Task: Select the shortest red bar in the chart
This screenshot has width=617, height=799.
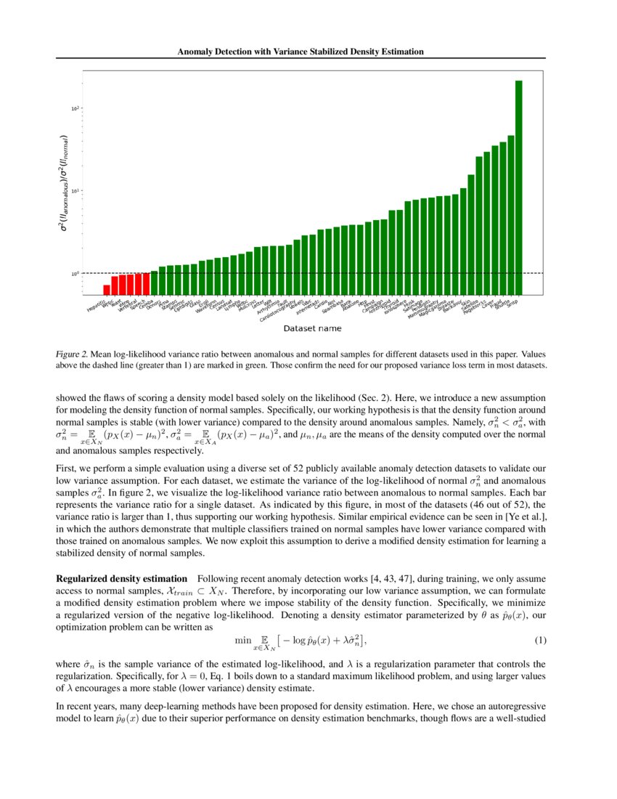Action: (x=107, y=289)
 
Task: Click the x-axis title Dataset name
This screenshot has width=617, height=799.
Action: (x=312, y=328)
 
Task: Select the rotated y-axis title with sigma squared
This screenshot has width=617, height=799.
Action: (x=65, y=183)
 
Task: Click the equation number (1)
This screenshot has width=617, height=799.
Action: (x=540, y=640)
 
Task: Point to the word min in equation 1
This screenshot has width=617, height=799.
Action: (x=242, y=639)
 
